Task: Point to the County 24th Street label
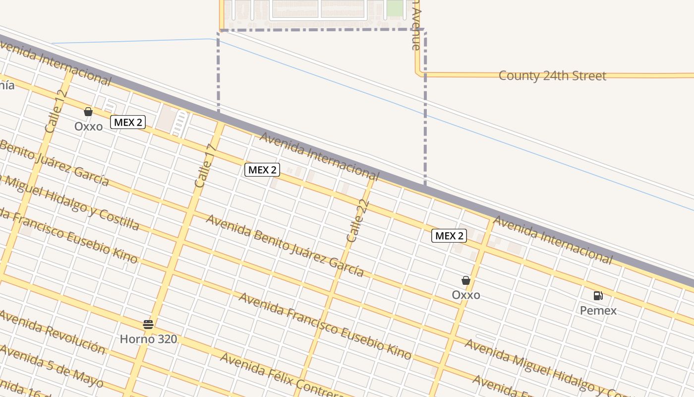552,76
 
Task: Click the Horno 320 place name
148,339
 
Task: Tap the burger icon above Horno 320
148,325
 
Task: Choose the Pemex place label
598,311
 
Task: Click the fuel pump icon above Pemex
598,296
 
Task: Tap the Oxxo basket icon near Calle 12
88,112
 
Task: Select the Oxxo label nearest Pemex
466,295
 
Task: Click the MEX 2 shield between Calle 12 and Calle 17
128,122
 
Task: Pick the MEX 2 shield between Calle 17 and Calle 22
262,170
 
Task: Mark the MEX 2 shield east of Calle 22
449,236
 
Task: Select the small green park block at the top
395,8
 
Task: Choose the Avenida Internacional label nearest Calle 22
319,156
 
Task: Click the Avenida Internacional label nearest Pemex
553,240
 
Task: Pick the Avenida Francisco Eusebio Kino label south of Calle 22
325,326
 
